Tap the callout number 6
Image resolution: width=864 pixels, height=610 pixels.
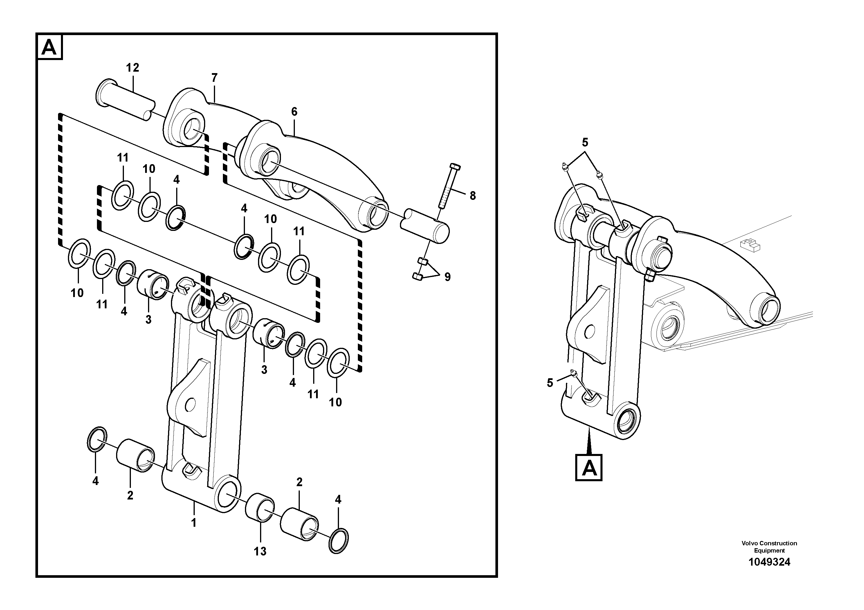[x=294, y=112]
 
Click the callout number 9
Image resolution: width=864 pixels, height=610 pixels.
[x=447, y=277]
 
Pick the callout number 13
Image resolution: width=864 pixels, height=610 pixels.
[x=260, y=551]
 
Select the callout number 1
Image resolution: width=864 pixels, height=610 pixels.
[x=194, y=523]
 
